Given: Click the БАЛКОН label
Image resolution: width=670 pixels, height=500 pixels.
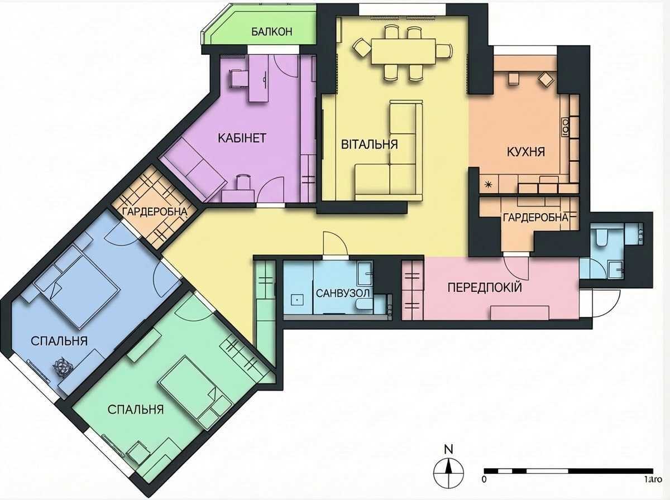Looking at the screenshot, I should point(272,32).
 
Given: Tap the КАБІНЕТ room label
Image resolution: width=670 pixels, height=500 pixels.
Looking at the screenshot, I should point(242,138).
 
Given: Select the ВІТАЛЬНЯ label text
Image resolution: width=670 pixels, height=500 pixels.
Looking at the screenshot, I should point(369,145).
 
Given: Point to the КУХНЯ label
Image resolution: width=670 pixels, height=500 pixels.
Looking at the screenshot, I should point(525,152).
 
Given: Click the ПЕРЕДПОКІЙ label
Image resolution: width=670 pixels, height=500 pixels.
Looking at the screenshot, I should point(485,288).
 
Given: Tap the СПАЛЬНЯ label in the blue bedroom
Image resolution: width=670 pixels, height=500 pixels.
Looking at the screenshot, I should point(59,341).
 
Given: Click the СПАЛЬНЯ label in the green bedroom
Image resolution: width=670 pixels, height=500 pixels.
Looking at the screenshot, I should point(136,410).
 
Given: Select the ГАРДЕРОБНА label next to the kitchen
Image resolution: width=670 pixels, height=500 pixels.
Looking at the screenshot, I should point(535,218).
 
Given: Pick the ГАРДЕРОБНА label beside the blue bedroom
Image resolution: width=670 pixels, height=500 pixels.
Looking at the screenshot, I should point(155,212).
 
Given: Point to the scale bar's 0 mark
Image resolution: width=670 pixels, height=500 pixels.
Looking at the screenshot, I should point(484,479).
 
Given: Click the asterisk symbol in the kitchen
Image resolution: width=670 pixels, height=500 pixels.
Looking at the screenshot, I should point(488,184).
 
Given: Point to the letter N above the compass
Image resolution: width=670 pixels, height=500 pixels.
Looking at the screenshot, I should point(447,449).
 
